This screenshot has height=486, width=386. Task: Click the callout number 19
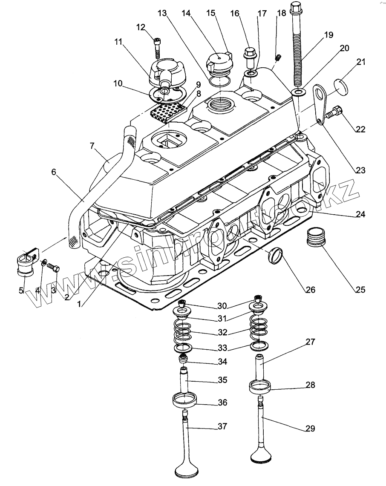[x=328, y=35]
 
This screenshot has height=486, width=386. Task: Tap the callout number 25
[x=360, y=290]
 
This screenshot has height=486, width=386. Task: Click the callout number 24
[x=360, y=214]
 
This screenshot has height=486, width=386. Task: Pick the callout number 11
[x=118, y=42]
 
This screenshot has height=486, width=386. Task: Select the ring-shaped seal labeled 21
[x=340, y=86]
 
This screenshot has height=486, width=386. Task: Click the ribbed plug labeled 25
[x=316, y=236]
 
